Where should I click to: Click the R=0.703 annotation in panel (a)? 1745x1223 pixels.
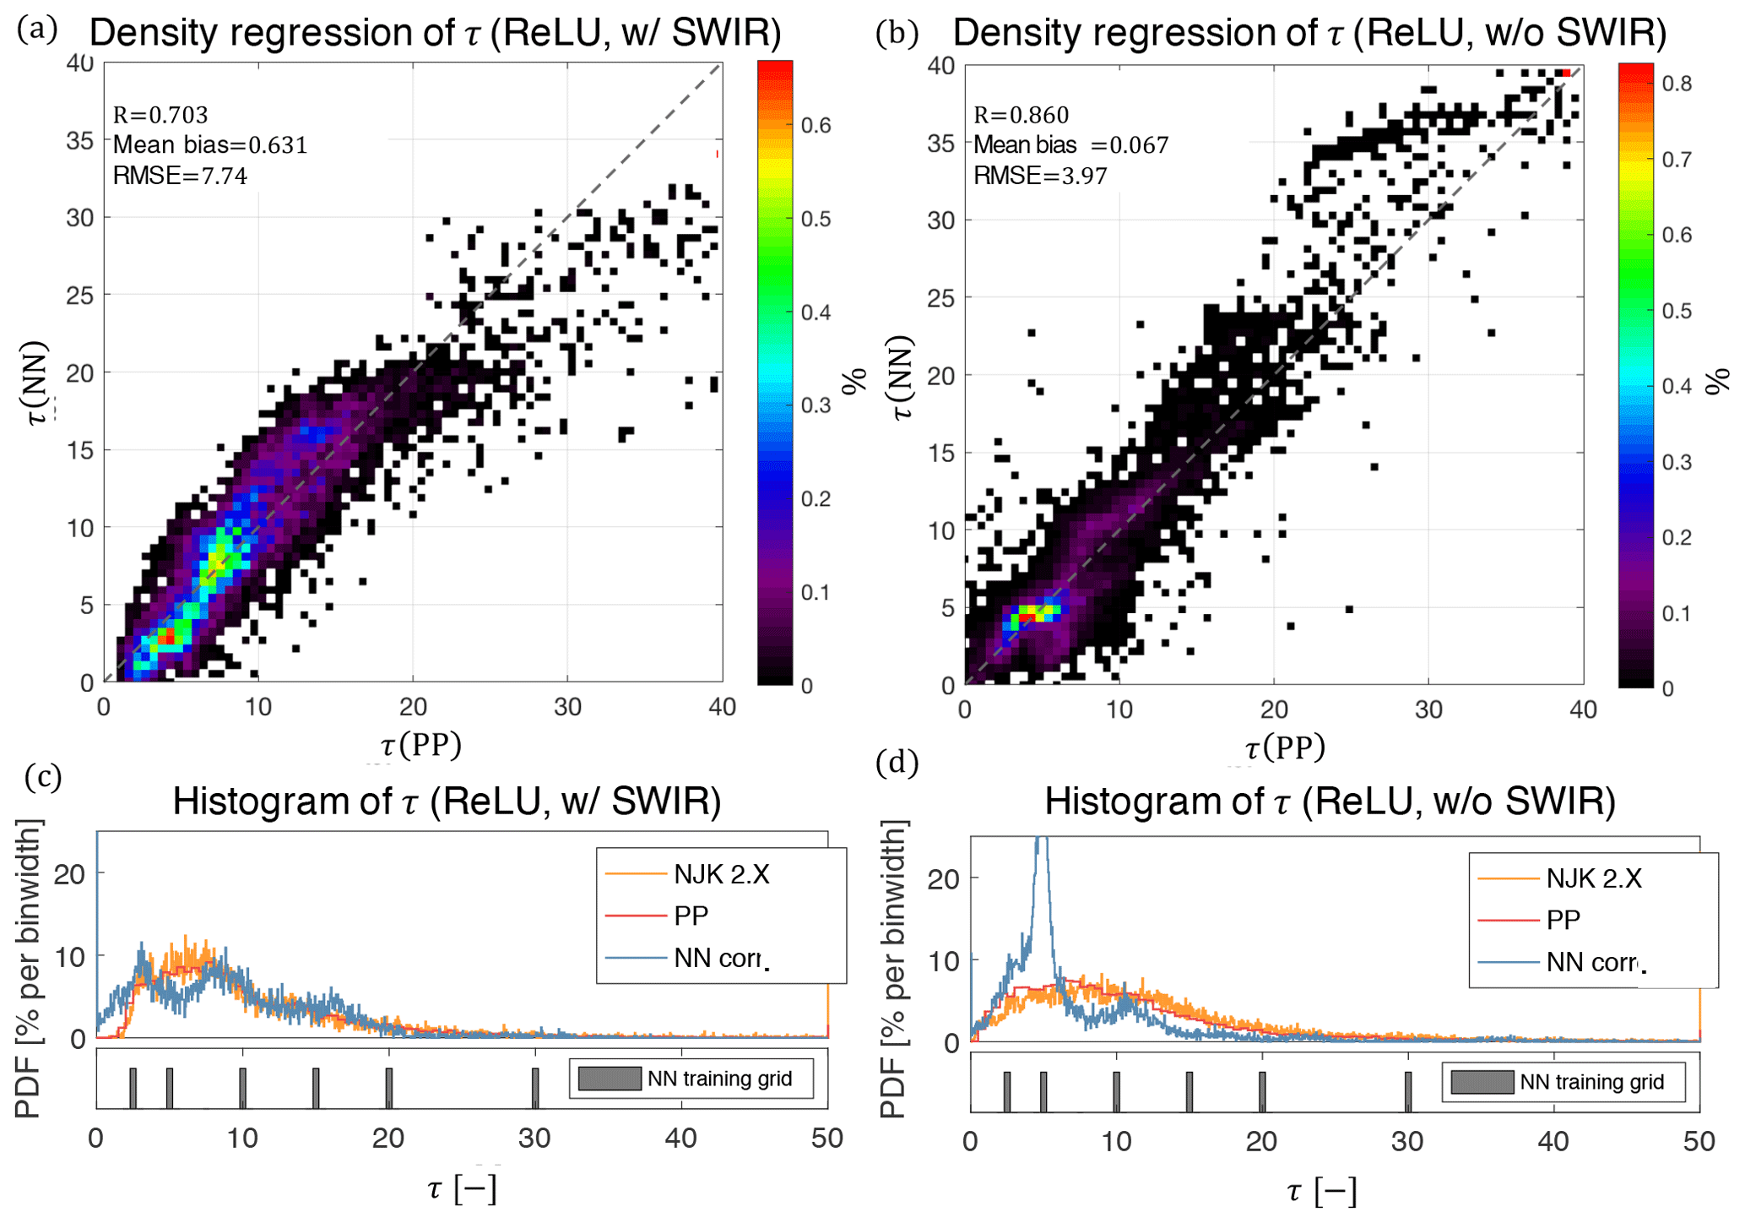coord(160,114)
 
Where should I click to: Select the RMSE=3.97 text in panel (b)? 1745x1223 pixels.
coord(1040,176)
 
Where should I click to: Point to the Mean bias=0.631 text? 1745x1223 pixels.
coord(210,145)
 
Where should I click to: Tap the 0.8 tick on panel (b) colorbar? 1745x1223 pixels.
coord(1677,84)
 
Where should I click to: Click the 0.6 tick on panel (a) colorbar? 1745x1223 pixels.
coord(816,126)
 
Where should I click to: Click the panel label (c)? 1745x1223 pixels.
coord(43,775)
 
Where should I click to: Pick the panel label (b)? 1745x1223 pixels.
coord(897,32)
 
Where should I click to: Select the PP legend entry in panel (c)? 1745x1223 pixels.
coord(691,916)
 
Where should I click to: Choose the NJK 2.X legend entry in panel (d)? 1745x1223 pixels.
coord(1593,878)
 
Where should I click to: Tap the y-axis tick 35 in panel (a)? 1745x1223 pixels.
coord(80,140)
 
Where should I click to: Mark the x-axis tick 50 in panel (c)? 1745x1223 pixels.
coord(826,1139)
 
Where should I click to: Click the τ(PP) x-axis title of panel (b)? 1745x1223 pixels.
coord(1285,747)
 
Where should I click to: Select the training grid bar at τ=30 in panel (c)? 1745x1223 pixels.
coord(535,1088)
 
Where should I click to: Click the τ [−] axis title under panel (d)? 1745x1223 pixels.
coord(1322,1191)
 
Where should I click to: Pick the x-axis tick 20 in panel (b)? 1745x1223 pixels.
coord(1274,709)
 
